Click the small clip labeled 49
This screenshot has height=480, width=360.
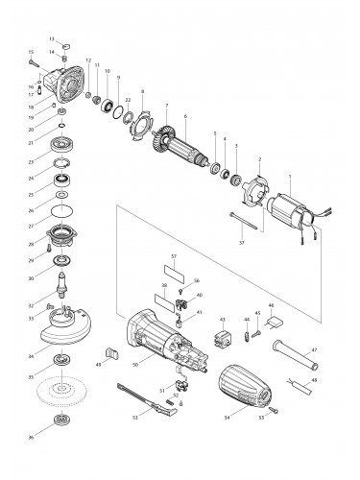[x=108, y=356]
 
